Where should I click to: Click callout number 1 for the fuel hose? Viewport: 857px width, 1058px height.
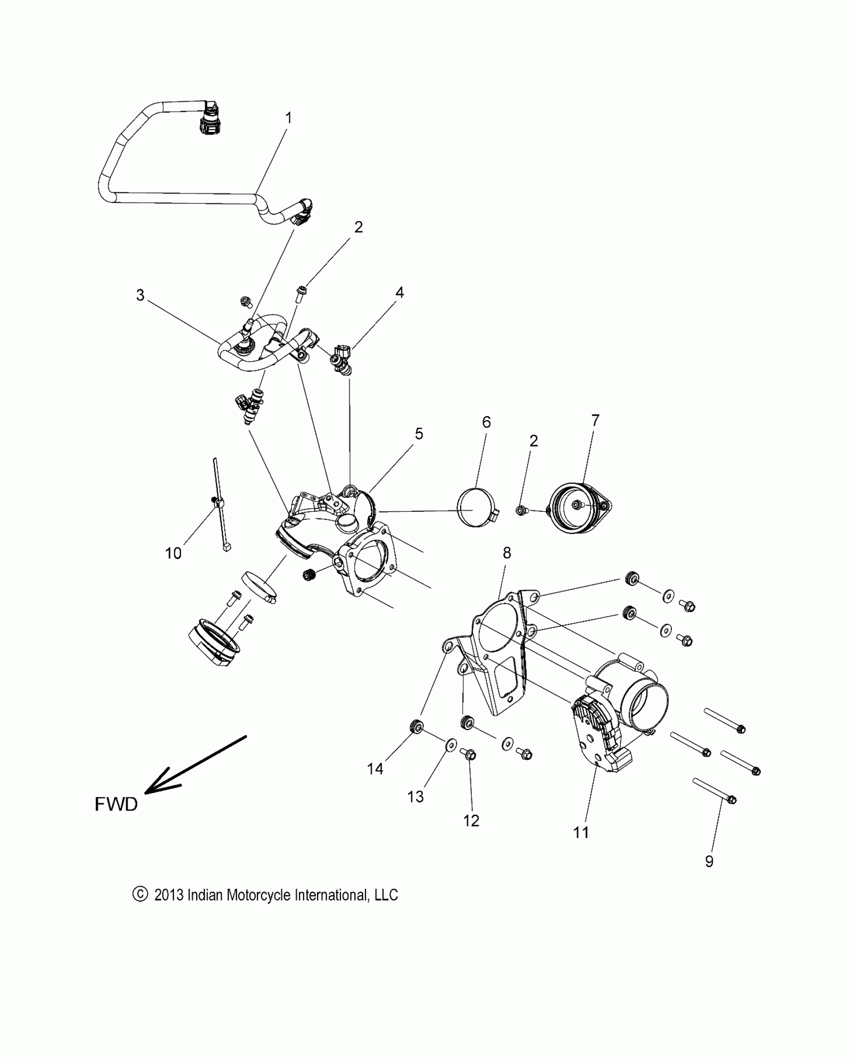(x=288, y=118)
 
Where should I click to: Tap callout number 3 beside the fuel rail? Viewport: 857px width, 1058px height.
(x=140, y=295)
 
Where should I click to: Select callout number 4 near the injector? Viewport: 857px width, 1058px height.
(x=399, y=293)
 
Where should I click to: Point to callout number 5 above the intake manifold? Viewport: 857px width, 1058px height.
(x=418, y=434)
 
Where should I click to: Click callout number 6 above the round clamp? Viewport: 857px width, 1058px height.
(x=486, y=422)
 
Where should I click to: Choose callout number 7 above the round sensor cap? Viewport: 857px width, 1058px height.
(x=595, y=420)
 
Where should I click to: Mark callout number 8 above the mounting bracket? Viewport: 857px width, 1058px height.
(x=507, y=553)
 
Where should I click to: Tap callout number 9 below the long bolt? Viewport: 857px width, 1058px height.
(x=709, y=862)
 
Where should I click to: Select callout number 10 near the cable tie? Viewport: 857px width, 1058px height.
(x=173, y=554)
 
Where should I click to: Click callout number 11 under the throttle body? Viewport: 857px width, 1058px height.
(x=581, y=832)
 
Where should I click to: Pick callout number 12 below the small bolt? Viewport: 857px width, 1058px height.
(x=471, y=821)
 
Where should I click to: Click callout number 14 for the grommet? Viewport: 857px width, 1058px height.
(x=375, y=769)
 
